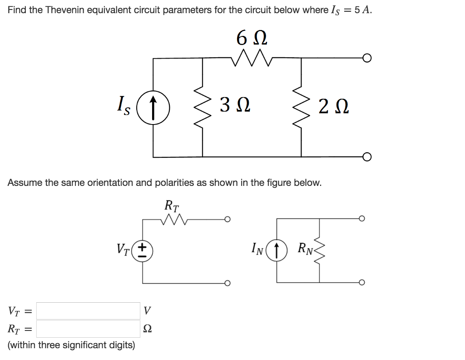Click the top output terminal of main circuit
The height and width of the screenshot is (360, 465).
click(367, 58)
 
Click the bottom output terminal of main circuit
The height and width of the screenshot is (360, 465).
click(367, 157)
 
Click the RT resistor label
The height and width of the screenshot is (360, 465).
click(172, 205)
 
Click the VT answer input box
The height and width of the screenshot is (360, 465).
click(88, 311)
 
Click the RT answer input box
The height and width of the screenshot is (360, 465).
click(88, 328)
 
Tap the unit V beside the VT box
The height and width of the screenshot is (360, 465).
click(146, 311)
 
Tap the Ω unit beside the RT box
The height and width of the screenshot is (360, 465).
click(146, 329)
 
